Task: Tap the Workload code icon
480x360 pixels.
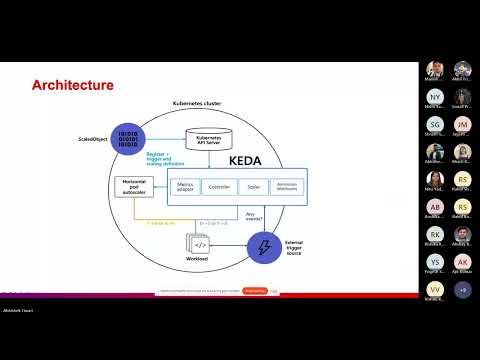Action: tap(199, 244)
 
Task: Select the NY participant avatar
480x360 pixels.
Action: tap(434, 97)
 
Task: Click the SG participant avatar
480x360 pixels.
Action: tap(434, 124)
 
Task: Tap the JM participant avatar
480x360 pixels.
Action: tap(462, 124)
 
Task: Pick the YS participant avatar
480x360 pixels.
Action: tap(434, 262)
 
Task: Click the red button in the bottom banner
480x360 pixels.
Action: tap(255, 291)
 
